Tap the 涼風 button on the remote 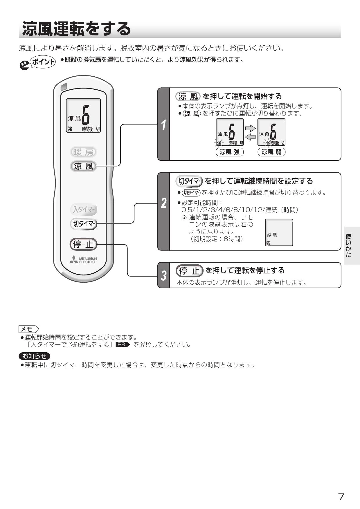[83, 166]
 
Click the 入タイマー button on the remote [84, 209]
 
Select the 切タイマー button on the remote [84, 224]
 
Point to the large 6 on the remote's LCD [86, 115]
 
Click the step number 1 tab [164, 124]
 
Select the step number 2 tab [164, 212]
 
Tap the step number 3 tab [164, 275]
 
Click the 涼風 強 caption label [230, 152]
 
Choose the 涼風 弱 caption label [271, 152]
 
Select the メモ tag [29, 329]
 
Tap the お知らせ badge [35, 356]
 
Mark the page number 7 [341, 497]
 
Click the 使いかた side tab [352, 246]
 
